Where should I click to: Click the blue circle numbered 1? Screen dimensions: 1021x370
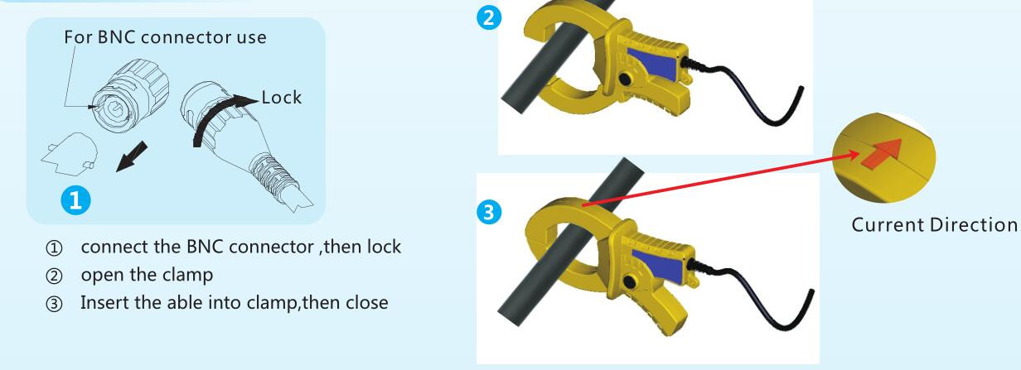(x=75, y=200)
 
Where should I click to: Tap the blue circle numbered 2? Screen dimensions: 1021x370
(x=489, y=17)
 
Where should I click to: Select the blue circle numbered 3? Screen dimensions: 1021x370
(x=489, y=212)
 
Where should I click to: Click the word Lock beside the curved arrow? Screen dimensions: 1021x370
(x=281, y=98)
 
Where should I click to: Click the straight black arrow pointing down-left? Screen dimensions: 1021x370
(x=132, y=156)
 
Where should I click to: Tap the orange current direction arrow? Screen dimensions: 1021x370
(x=882, y=153)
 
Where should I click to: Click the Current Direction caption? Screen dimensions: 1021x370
(x=935, y=225)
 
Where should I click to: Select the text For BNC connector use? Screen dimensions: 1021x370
(x=165, y=37)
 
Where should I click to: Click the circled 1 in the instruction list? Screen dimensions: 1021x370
(x=54, y=248)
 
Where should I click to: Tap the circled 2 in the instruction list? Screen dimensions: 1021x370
(x=54, y=276)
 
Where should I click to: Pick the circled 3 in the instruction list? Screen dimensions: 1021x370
(x=54, y=304)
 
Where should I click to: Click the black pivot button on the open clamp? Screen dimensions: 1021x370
(x=625, y=79)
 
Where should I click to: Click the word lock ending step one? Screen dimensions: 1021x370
(x=384, y=247)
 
